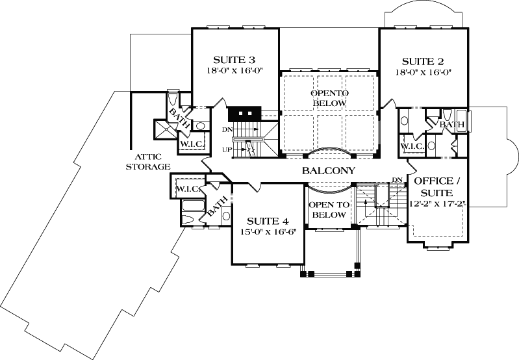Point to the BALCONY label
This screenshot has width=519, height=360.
[x=329, y=172]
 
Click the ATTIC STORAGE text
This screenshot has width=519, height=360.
[x=153, y=161]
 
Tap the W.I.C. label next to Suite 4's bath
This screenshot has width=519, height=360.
[x=187, y=189]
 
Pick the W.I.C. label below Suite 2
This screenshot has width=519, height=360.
[x=412, y=146]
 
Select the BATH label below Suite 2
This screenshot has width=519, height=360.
[x=450, y=124]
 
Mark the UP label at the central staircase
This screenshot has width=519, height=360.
[x=227, y=149]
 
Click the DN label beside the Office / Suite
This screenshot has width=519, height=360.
[x=396, y=180]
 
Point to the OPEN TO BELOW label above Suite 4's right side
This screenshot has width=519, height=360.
[x=329, y=209]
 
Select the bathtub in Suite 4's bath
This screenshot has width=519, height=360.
[x=193, y=210]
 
